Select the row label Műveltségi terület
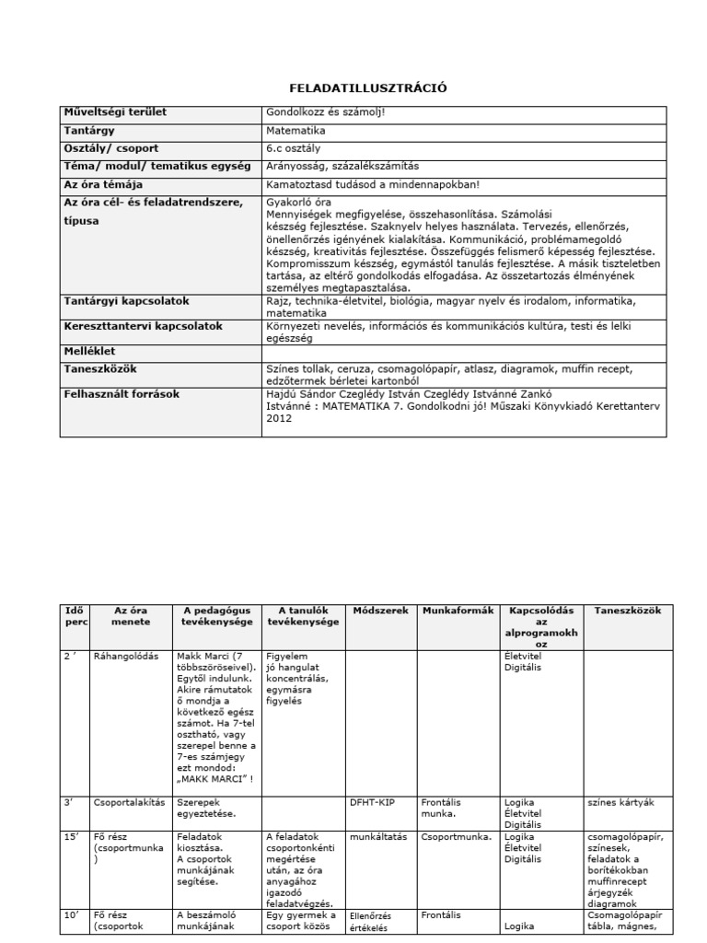(x=115, y=112)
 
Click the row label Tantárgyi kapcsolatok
(x=125, y=300)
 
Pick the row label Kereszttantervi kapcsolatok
(x=142, y=326)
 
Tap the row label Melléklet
(x=90, y=351)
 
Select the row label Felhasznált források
(x=121, y=393)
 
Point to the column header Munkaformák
(x=458, y=611)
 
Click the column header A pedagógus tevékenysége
(x=216, y=616)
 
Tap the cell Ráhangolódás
(x=127, y=656)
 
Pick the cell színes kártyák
(x=620, y=802)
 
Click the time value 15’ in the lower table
(x=73, y=837)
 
